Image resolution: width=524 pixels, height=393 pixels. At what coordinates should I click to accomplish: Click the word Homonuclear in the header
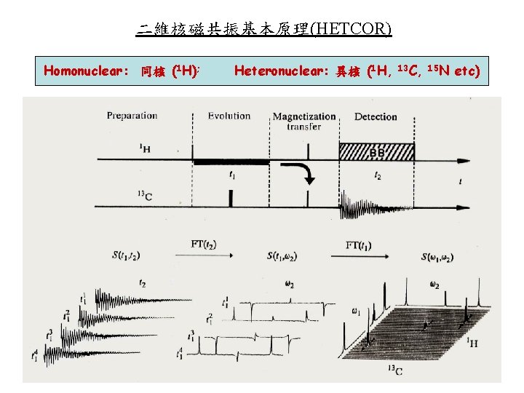coord(86,71)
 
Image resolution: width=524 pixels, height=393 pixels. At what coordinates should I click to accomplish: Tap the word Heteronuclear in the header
coord(281,71)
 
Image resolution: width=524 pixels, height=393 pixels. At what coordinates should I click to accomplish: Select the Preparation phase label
coord(132,116)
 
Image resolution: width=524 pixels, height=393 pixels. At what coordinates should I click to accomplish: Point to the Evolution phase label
coord(229,116)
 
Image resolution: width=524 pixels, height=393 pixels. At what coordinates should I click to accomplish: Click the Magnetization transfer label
coord(304,121)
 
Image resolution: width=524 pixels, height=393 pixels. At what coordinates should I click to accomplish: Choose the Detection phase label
coord(376,116)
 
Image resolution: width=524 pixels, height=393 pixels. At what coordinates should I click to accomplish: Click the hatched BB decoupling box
coord(377,151)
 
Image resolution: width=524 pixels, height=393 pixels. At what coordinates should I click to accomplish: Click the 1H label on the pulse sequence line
coord(146,148)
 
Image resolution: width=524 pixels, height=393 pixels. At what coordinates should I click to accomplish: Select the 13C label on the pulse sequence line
coord(145,194)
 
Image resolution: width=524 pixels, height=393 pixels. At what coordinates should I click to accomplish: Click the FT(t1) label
coord(360,244)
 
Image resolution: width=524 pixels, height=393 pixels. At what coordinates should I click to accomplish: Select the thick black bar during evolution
coord(232,161)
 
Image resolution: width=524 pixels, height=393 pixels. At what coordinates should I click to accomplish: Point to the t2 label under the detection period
coord(377,175)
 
